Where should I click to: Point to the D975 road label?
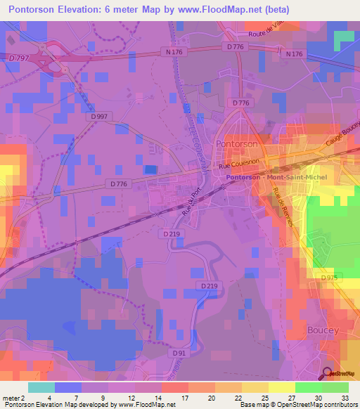click(x=330, y=278)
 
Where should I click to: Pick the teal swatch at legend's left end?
click(x=41, y=387)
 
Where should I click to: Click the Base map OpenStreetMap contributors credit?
click(x=297, y=405)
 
